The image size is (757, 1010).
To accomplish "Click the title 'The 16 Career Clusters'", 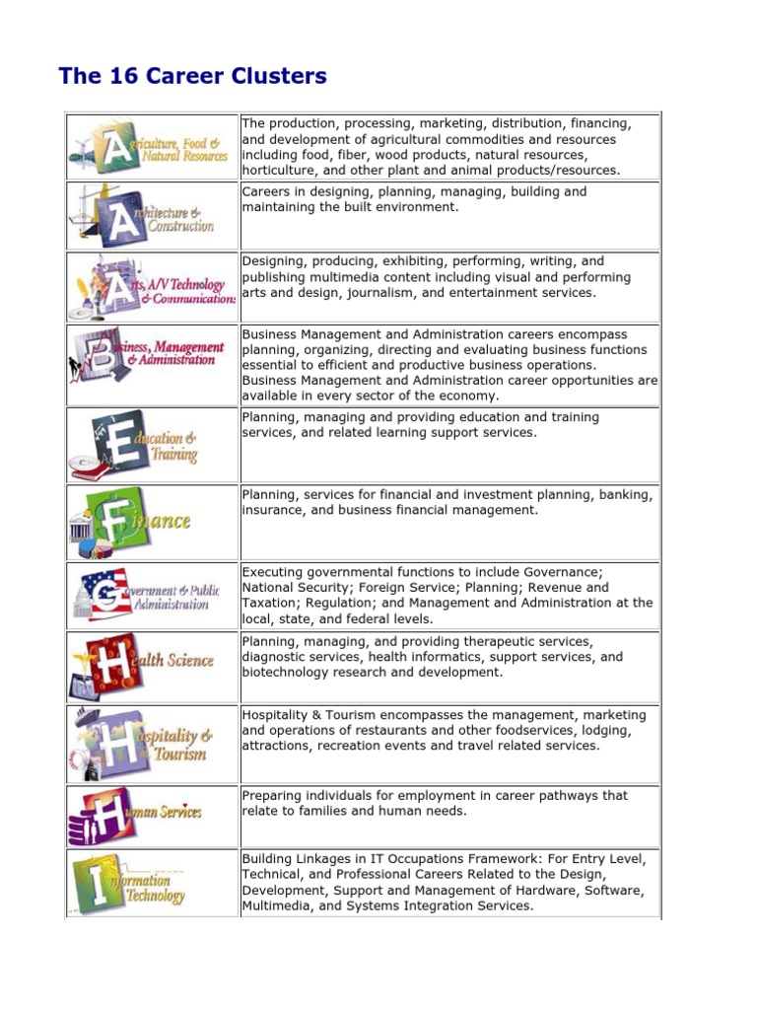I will point(193,76).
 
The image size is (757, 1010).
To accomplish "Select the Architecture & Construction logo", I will point(151,215).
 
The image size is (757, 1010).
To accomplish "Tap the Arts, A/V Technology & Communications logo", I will point(151,286).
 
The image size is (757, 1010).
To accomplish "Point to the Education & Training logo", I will point(151,445).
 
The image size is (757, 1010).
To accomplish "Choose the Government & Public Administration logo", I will point(151,595).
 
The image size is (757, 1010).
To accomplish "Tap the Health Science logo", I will point(151,666).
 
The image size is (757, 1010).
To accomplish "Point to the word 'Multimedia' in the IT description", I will point(276,905).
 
